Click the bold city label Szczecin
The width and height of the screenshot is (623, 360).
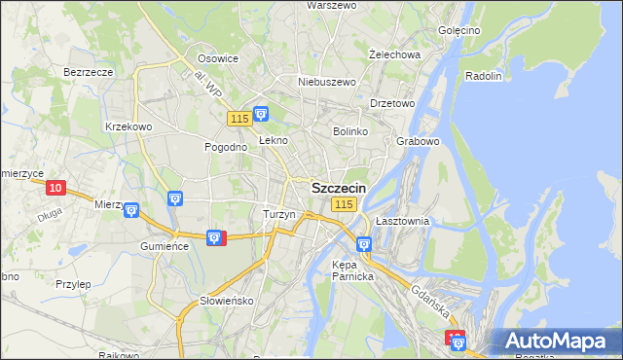click(x=339, y=188)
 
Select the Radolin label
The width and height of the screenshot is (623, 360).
click(x=484, y=76)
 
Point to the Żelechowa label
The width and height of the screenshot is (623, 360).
click(x=395, y=54)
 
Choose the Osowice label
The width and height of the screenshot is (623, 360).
click(x=218, y=58)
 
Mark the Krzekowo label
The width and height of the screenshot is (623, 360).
click(x=128, y=126)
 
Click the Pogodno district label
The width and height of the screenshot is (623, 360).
click(x=224, y=147)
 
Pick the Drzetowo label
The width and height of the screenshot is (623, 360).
click(x=393, y=103)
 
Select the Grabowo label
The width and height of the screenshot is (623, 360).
click(x=420, y=141)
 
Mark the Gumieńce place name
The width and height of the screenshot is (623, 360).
click(x=164, y=247)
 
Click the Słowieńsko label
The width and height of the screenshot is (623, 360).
click(x=227, y=301)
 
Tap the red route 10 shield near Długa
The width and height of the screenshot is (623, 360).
click(x=55, y=188)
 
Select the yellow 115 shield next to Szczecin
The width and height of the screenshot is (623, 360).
click(x=343, y=204)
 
